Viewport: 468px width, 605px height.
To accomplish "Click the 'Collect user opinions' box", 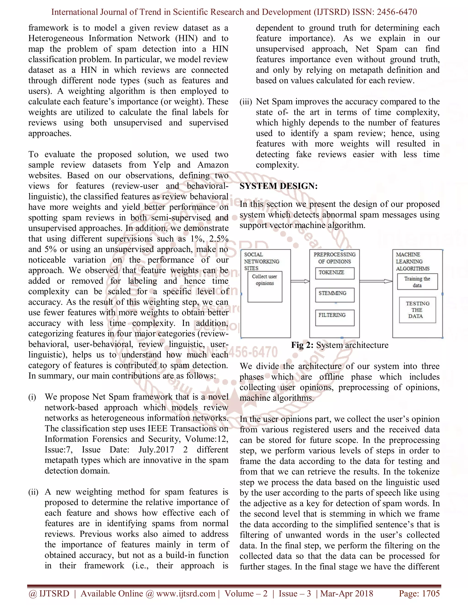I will pyautogui.click(x=265, y=287).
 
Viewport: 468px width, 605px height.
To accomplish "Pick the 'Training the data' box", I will pyautogui.click(x=417, y=282).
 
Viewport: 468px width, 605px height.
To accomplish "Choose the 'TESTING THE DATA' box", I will pyautogui.click(x=417, y=310).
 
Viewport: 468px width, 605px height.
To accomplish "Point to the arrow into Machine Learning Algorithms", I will pyautogui.click(x=376, y=281).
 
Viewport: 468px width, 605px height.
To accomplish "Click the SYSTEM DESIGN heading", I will pyautogui.click(x=279, y=186).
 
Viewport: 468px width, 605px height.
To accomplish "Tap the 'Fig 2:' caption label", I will pyautogui.click(x=302, y=345).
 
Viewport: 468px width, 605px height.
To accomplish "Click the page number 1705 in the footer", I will pyautogui.click(x=431, y=593).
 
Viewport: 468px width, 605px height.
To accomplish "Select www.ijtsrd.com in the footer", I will pyautogui.click(x=186, y=593).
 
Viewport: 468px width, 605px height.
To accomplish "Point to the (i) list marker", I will pyautogui.click(x=32, y=397).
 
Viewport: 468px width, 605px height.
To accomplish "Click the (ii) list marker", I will pyautogui.click(x=33, y=492).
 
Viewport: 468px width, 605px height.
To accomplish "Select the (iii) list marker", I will pyautogui.click(x=246, y=102).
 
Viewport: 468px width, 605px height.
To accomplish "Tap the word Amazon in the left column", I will pyautogui.click(x=213, y=165).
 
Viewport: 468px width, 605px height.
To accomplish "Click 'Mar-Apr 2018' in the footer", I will pyautogui.click(x=347, y=593).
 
